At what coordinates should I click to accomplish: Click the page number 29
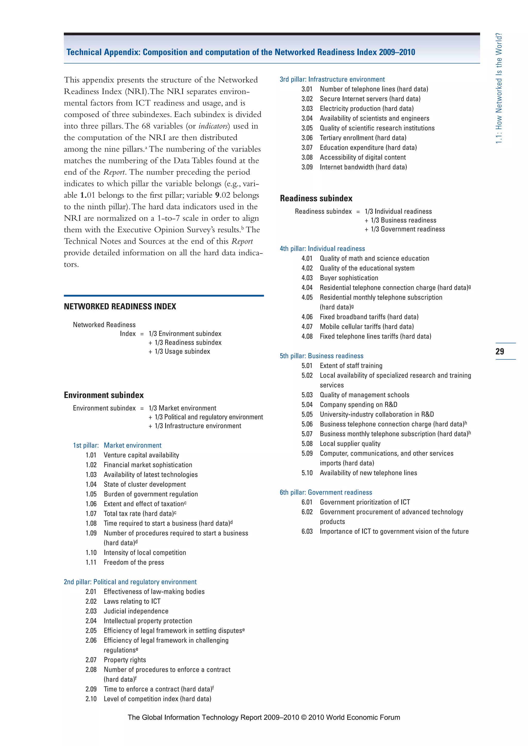[x=500, y=351]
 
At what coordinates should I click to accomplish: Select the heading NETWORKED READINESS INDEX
[x=120, y=306]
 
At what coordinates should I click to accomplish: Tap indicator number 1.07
[x=91, y=514]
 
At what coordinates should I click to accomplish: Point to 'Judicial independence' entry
[x=136, y=611]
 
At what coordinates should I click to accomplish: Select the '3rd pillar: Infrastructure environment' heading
[x=332, y=79]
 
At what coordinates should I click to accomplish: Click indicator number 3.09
[x=307, y=167]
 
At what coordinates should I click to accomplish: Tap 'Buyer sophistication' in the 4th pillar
[x=349, y=278]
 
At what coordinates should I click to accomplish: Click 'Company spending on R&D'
[x=358, y=404]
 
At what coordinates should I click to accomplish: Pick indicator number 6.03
[x=307, y=531]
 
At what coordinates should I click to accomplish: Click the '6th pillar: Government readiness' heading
[x=326, y=492]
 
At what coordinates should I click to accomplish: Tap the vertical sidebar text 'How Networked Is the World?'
[x=499, y=88]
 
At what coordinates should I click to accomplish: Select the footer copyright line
[x=264, y=717]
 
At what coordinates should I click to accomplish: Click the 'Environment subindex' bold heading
[x=104, y=395]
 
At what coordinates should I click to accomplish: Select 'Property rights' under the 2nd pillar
[x=125, y=660]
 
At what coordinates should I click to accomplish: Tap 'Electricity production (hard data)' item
[x=367, y=108]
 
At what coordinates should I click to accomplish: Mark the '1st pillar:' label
[x=86, y=445]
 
